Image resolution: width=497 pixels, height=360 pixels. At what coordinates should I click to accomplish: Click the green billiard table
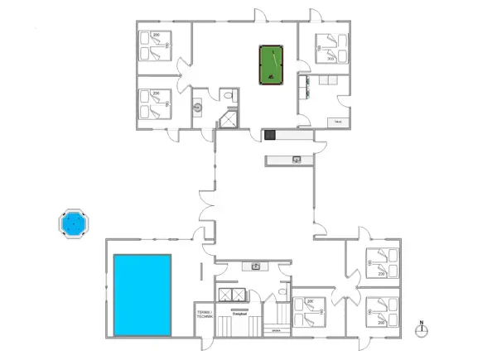tap(271, 65)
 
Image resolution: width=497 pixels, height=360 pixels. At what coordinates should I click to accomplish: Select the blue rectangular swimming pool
tap(142, 295)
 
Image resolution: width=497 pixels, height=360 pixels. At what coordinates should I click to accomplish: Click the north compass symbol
tap(421, 329)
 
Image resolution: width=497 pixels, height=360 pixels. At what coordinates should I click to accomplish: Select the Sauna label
tap(275, 329)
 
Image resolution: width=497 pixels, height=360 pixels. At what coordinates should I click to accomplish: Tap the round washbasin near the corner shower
tap(199, 108)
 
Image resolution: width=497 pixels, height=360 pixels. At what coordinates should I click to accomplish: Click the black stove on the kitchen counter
tap(269, 134)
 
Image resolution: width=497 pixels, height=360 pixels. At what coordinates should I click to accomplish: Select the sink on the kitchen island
tap(296, 159)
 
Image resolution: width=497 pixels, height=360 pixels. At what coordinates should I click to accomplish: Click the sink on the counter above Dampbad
tap(257, 266)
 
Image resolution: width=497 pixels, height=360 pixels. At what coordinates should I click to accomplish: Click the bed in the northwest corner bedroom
tap(155, 46)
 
